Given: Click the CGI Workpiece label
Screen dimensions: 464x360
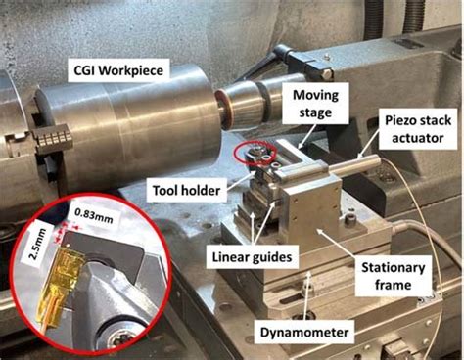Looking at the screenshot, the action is pyautogui.click(x=118, y=70).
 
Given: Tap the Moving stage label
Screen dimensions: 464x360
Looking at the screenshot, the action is pyautogui.click(x=315, y=104).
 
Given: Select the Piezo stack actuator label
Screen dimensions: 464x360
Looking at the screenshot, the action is pyautogui.click(x=418, y=129).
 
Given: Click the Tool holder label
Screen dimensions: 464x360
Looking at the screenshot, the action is pyautogui.click(x=186, y=191).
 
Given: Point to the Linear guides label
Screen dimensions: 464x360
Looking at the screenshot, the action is pyautogui.click(x=252, y=257).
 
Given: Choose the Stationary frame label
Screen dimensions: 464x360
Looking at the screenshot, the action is pyautogui.click(x=393, y=276).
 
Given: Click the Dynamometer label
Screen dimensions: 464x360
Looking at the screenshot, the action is pyautogui.click(x=304, y=333).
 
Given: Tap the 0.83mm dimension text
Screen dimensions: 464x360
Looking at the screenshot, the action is pyautogui.click(x=94, y=215).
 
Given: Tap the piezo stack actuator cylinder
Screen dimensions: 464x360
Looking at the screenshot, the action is pyautogui.click(x=354, y=164).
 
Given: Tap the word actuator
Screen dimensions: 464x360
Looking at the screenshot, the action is pyautogui.click(x=418, y=138).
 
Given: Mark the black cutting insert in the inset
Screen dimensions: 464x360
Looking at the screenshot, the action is pyautogui.click(x=108, y=251).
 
